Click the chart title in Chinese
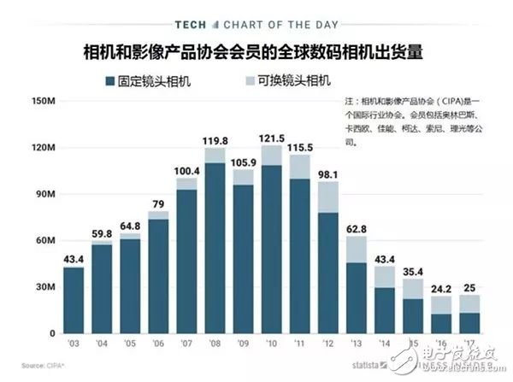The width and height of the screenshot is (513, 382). pyautogui.click(x=256, y=52)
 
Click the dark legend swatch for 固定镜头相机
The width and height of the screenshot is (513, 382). pyautogui.click(x=109, y=82)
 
